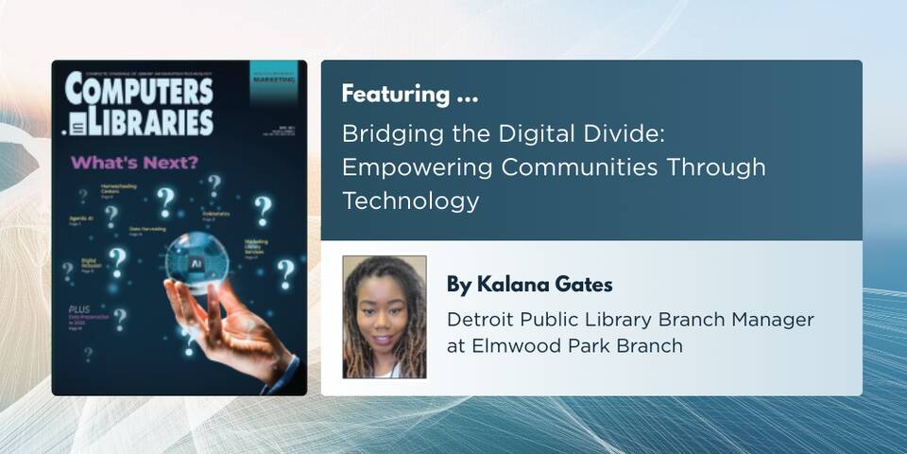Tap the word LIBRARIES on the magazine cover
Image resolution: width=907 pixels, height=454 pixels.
pos(151,121)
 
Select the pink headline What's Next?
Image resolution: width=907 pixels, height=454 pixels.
pos(135,163)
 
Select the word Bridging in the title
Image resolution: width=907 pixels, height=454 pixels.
pos(383,134)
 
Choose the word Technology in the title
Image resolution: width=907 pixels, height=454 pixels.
pos(411,201)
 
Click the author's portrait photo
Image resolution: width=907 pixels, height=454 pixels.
pos(385,317)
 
